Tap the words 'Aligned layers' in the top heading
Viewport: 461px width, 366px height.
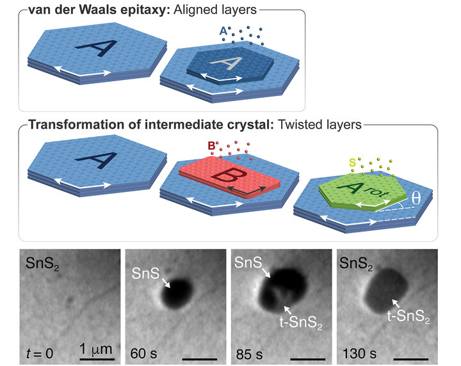point(196,10)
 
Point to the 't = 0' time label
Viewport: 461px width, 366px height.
point(42,348)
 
